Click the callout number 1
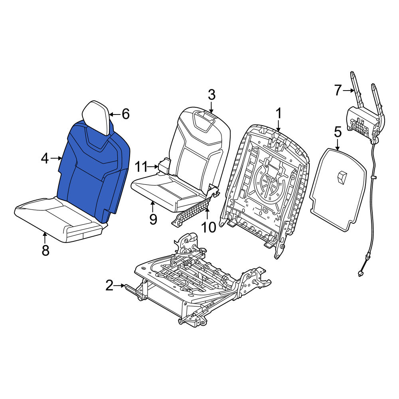click(x=279, y=113)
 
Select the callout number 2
click(x=109, y=286)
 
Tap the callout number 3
click(x=212, y=95)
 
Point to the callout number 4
click(x=45, y=158)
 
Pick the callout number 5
click(x=338, y=132)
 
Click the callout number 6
click(x=126, y=114)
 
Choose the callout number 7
click(x=338, y=90)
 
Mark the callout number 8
click(x=45, y=251)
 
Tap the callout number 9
click(x=153, y=219)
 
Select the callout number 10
click(x=208, y=227)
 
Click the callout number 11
click(x=141, y=167)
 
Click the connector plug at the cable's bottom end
click(x=360, y=274)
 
